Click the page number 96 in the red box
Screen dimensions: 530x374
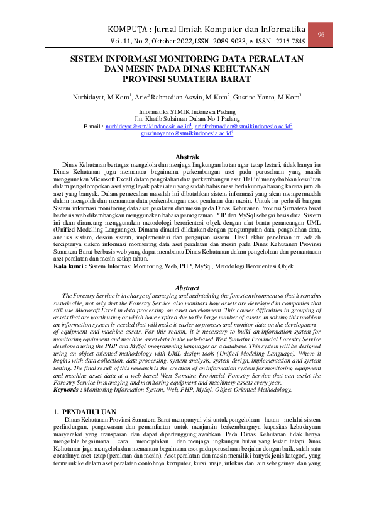[321, 34]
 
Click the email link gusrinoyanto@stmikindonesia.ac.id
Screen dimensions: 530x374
[187, 133]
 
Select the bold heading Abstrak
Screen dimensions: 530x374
[187, 156]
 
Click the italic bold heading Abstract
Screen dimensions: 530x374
[187, 288]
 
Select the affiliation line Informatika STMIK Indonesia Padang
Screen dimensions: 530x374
[187, 111]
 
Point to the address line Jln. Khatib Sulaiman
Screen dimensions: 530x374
[187, 118]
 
